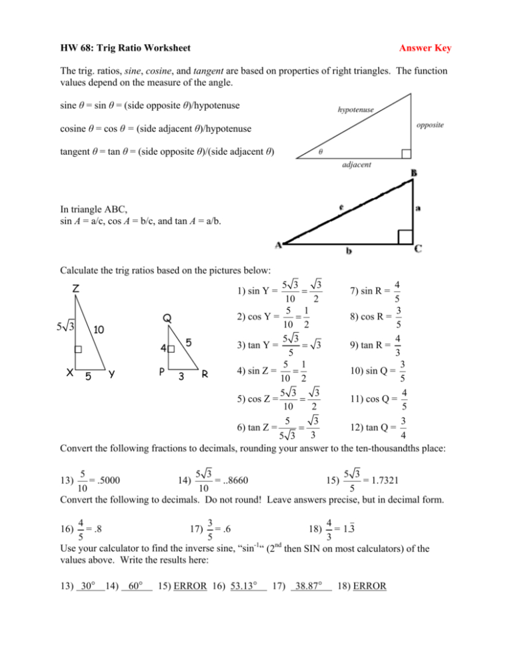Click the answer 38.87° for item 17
click(x=311, y=584)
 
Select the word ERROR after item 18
click(x=369, y=584)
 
